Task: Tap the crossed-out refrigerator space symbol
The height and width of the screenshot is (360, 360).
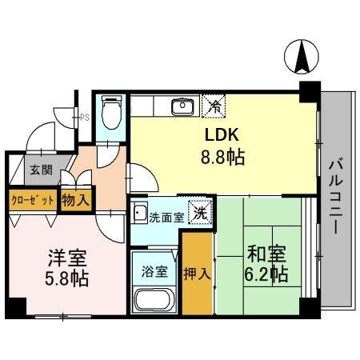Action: tap(214, 104)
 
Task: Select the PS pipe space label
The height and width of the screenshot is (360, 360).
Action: tap(85, 117)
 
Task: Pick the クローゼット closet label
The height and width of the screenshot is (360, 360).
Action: tap(33, 198)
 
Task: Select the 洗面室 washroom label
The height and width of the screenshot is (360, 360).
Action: tap(166, 215)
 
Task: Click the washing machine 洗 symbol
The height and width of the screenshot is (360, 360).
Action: tap(203, 214)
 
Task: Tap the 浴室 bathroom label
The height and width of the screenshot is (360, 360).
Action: tap(155, 270)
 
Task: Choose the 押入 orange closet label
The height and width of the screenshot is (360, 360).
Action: tap(197, 274)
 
